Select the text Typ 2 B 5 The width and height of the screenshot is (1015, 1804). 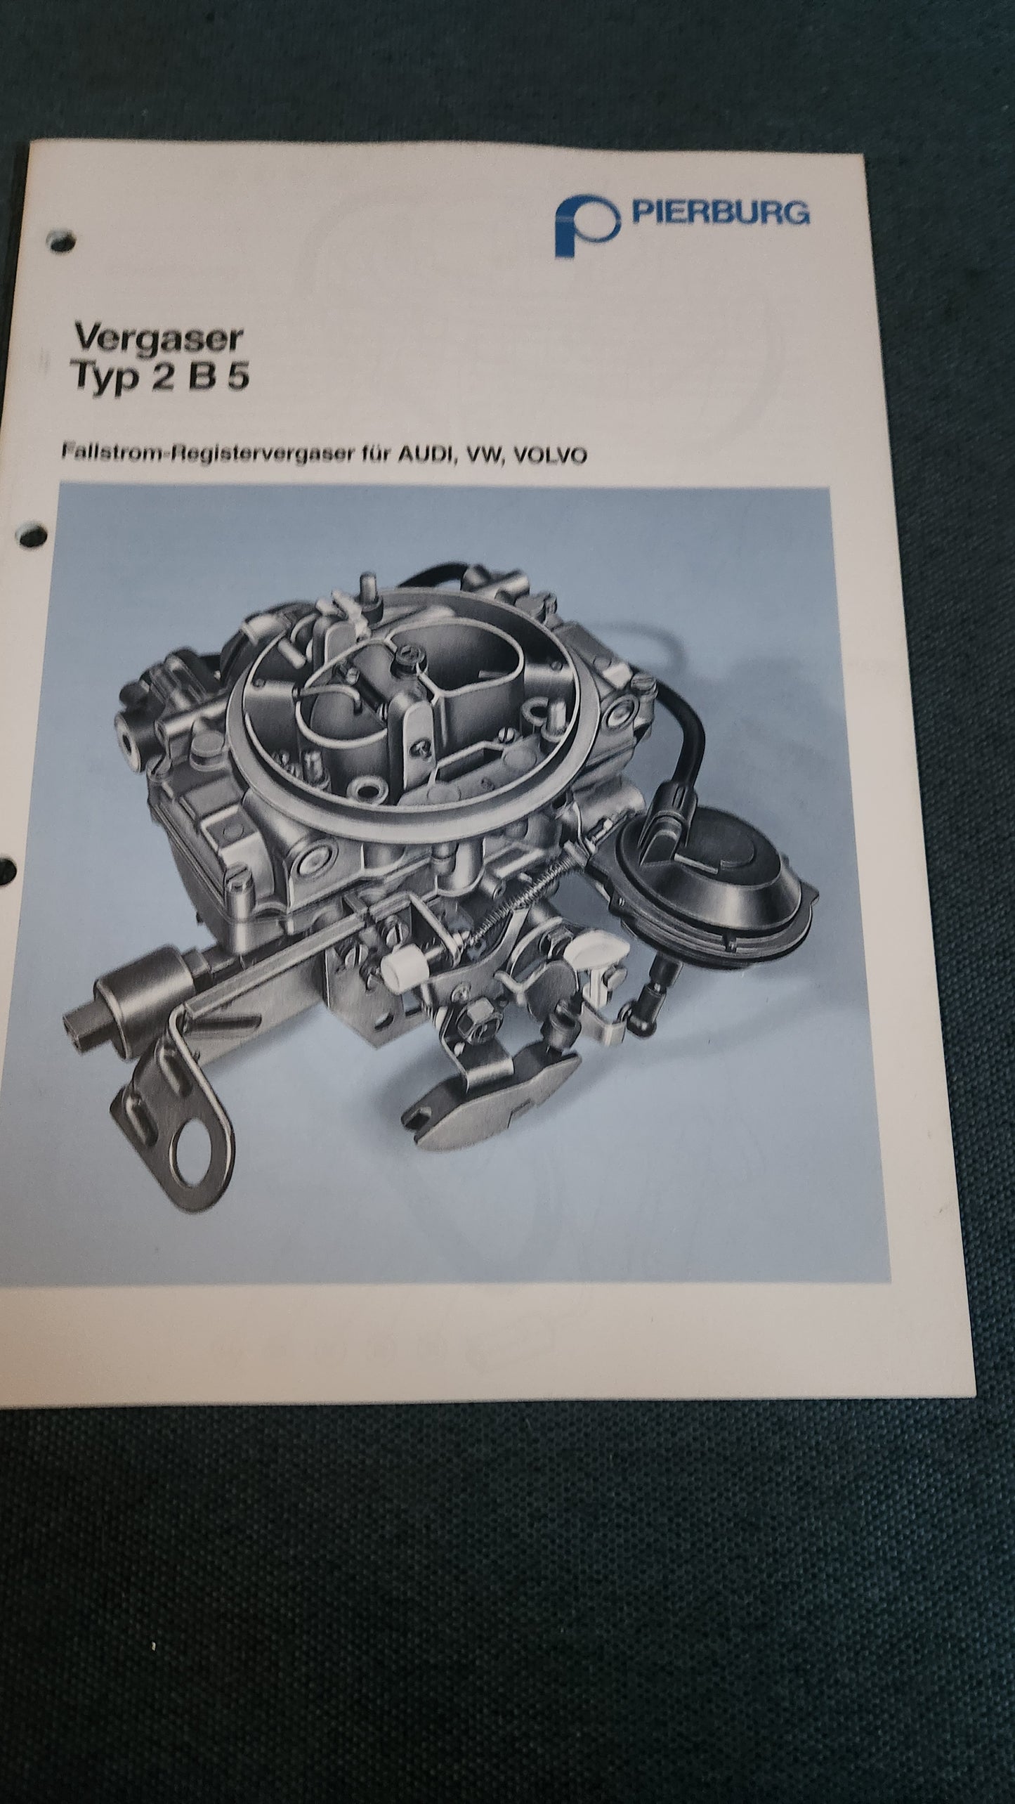click(162, 380)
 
